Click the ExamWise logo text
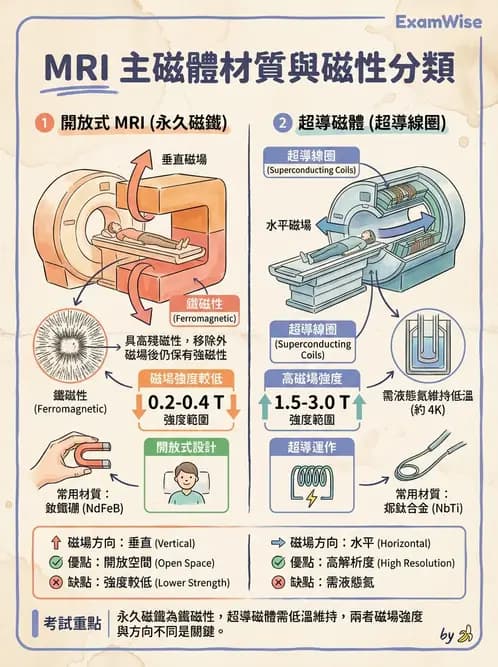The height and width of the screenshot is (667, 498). pos(439,21)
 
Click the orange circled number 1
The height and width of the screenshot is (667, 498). pos(42,124)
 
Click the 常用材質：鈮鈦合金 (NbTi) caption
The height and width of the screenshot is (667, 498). pos(428,500)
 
